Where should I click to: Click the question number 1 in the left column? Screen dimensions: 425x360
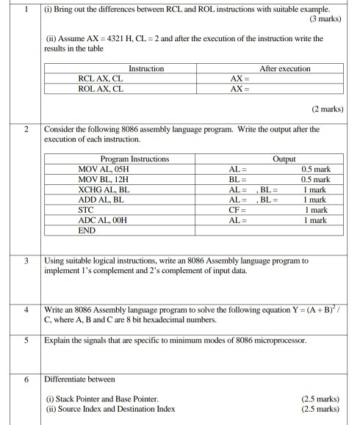pos(26,8)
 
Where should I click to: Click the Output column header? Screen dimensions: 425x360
pos(283,158)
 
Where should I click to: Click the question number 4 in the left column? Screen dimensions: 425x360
pos(26,310)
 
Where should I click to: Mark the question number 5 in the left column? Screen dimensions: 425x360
pos(26,341)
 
